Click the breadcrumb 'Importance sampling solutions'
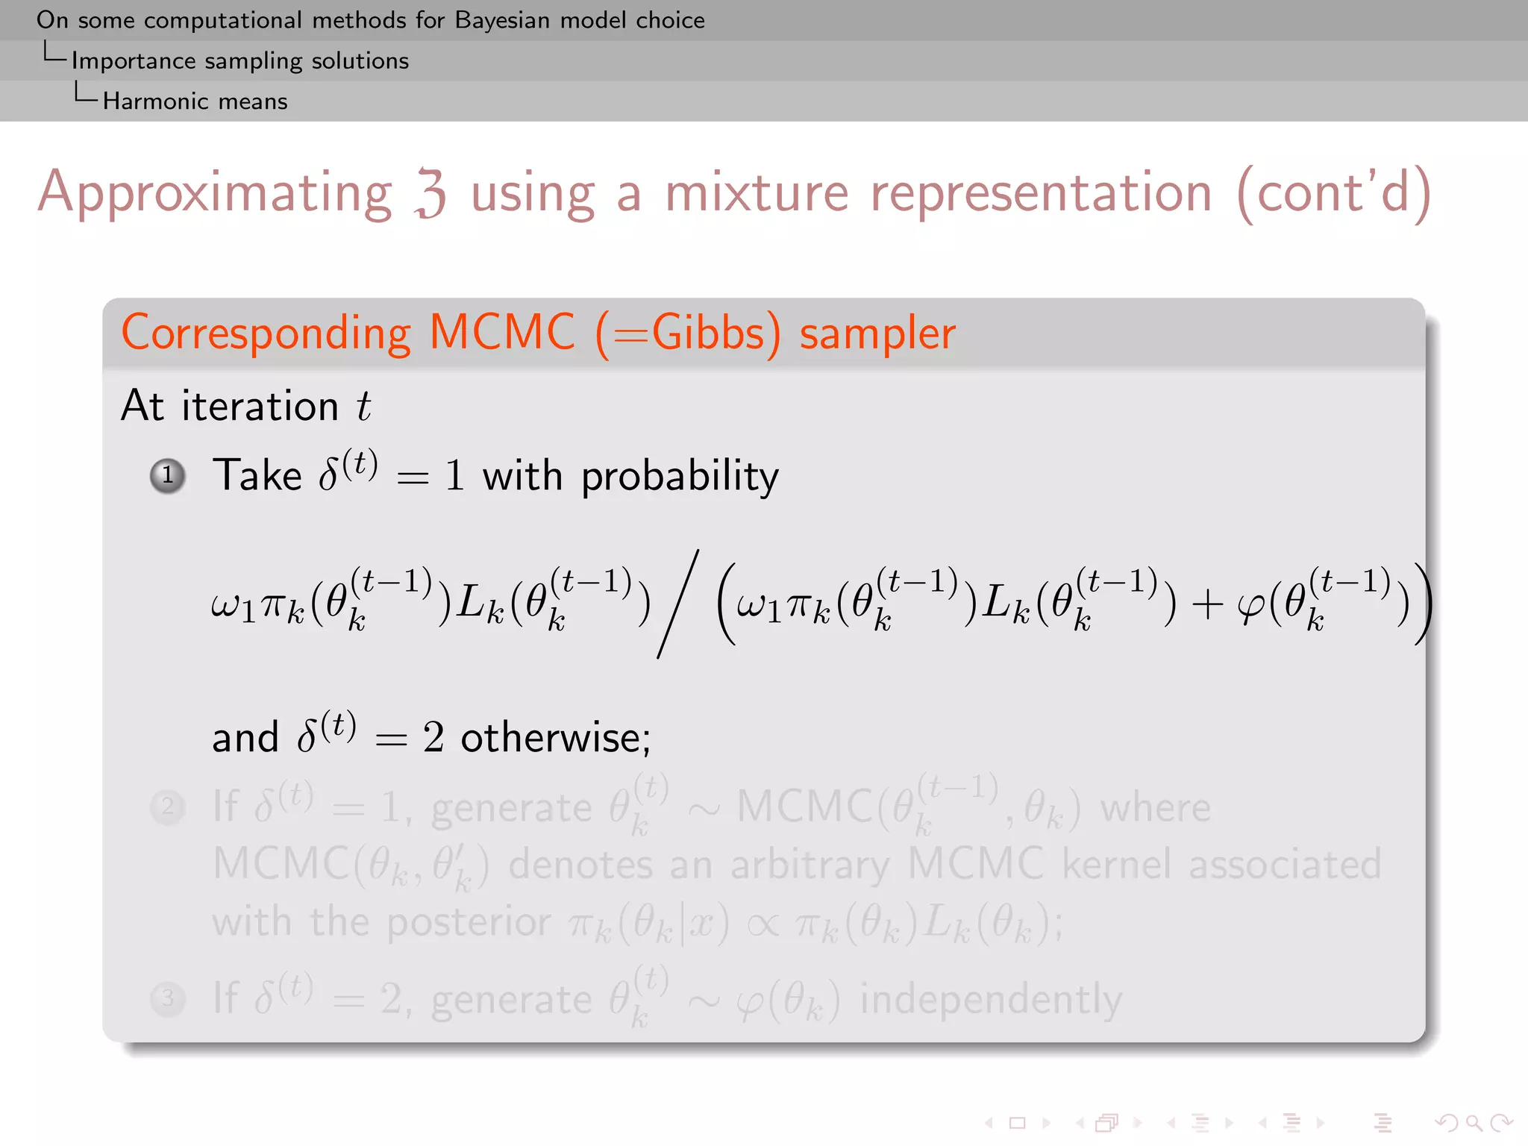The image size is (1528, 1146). click(240, 61)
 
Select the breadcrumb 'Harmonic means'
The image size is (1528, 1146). click(195, 101)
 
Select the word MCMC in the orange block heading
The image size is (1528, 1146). click(502, 333)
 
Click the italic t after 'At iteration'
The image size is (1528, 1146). click(363, 407)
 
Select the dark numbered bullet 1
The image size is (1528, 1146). click(168, 475)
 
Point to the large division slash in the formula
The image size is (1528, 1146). click(677, 604)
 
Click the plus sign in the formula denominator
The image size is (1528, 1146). click(1207, 604)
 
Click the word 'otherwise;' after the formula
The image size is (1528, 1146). click(556, 739)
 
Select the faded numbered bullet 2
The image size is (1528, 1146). click(168, 807)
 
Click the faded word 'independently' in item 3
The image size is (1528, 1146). click(991, 1000)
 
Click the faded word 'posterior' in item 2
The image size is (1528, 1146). click(469, 924)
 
